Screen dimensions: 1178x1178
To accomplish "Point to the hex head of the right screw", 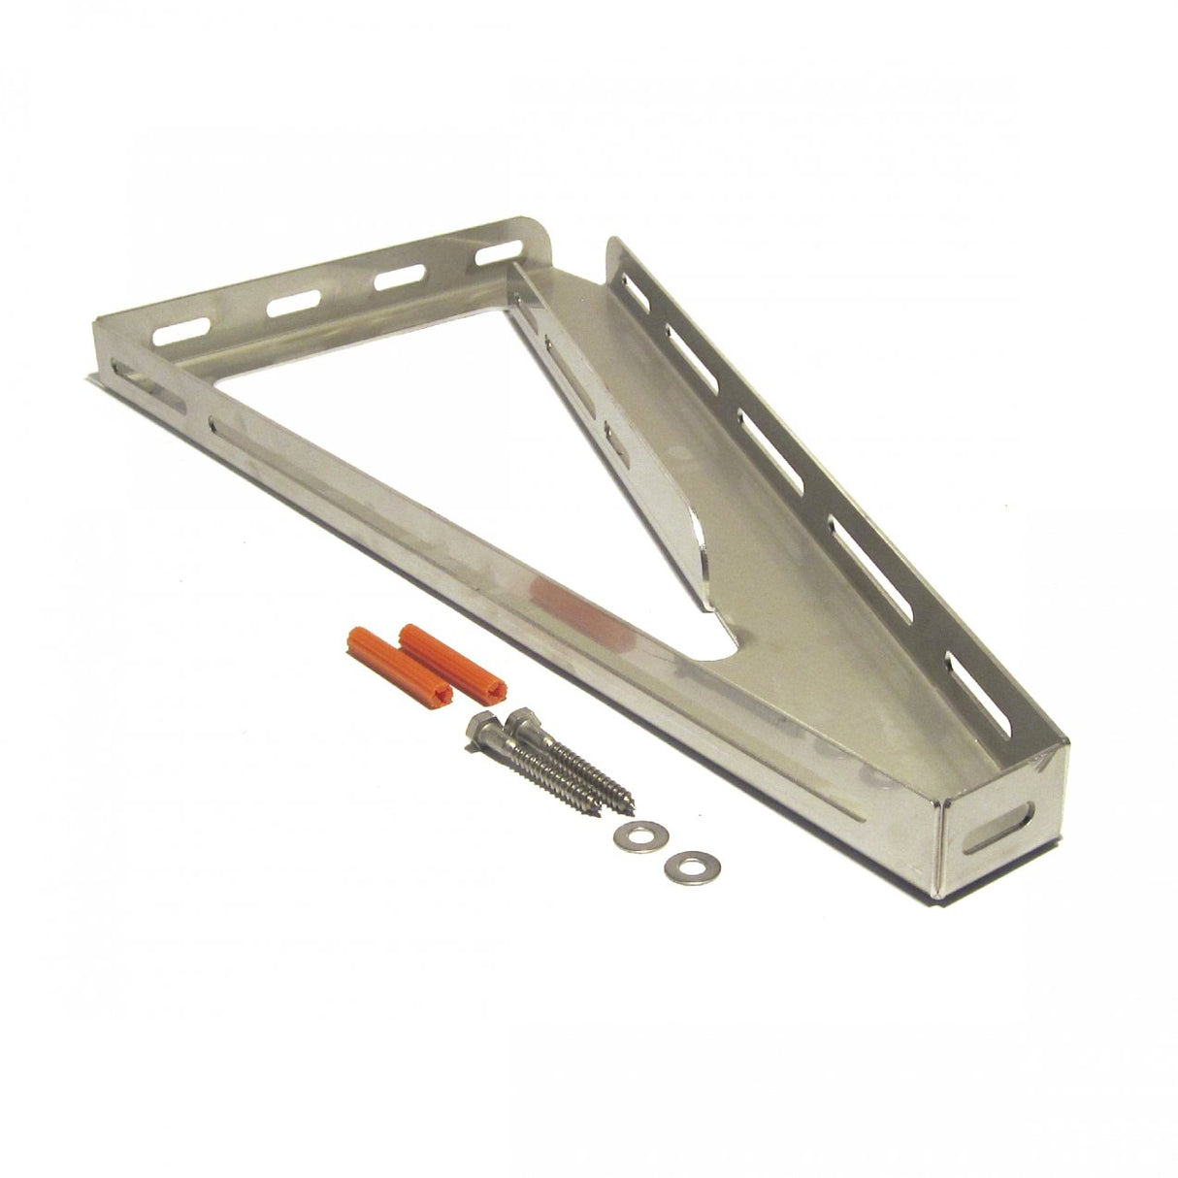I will [x=515, y=716].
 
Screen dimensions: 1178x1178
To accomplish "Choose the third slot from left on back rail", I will [x=396, y=278].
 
